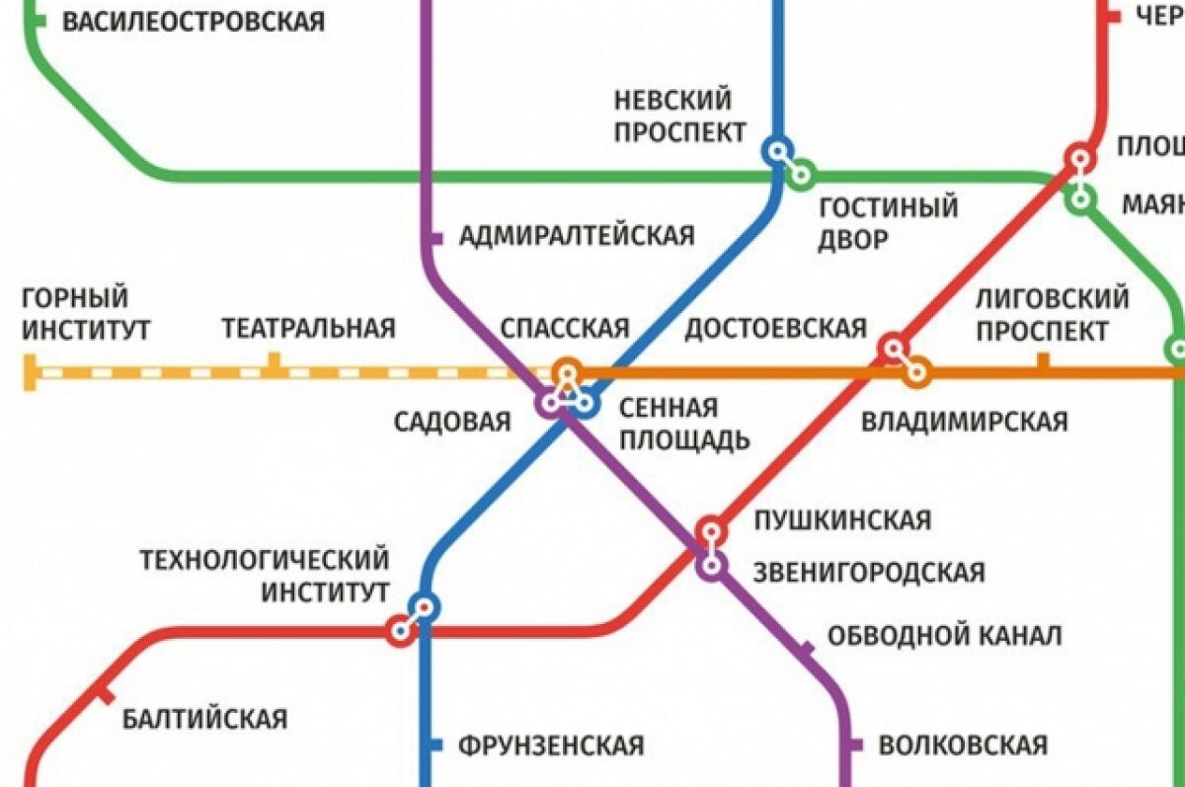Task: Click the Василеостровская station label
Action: pyautogui.click(x=194, y=21)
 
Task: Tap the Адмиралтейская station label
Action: pyautogui.click(x=577, y=236)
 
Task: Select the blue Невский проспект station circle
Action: pyautogui.click(x=777, y=150)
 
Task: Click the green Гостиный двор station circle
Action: pyautogui.click(x=801, y=175)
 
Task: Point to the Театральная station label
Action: pyautogui.click(x=308, y=328)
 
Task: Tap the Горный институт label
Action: pyautogui.click(x=85, y=313)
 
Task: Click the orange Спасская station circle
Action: pyautogui.click(x=567, y=372)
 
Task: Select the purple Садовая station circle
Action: pyautogui.click(x=549, y=403)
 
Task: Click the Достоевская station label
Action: pyautogui.click(x=775, y=328)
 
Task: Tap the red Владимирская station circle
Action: pyautogui.click(x=894, y=348)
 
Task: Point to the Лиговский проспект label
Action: pyautogui.click(x=1052, y=313)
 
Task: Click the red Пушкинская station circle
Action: pyautogui.click(x=710, y=530)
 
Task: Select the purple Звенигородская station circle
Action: pyautogui.click(x=710, y=566)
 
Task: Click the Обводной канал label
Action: pyautogui.click(x=944, y=635)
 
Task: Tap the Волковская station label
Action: pyautogui.click(x=962, y=744)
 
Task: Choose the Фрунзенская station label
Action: pyautogui.click(x=551, y=745)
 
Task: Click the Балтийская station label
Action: pyautogui.click(x=205, y=718)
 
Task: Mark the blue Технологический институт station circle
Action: pyautogui.click(x=425, y=606)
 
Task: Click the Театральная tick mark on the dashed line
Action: pyautogui.click(x=275, y=363)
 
